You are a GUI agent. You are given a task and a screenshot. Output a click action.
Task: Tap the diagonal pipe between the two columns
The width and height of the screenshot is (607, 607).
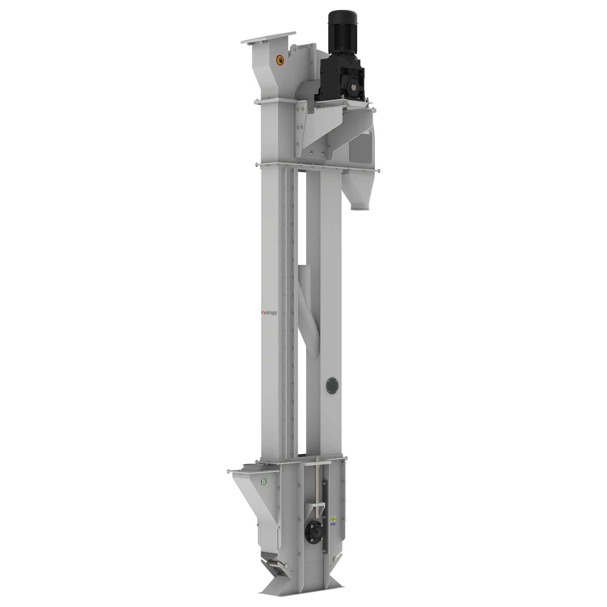pos(310,311)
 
